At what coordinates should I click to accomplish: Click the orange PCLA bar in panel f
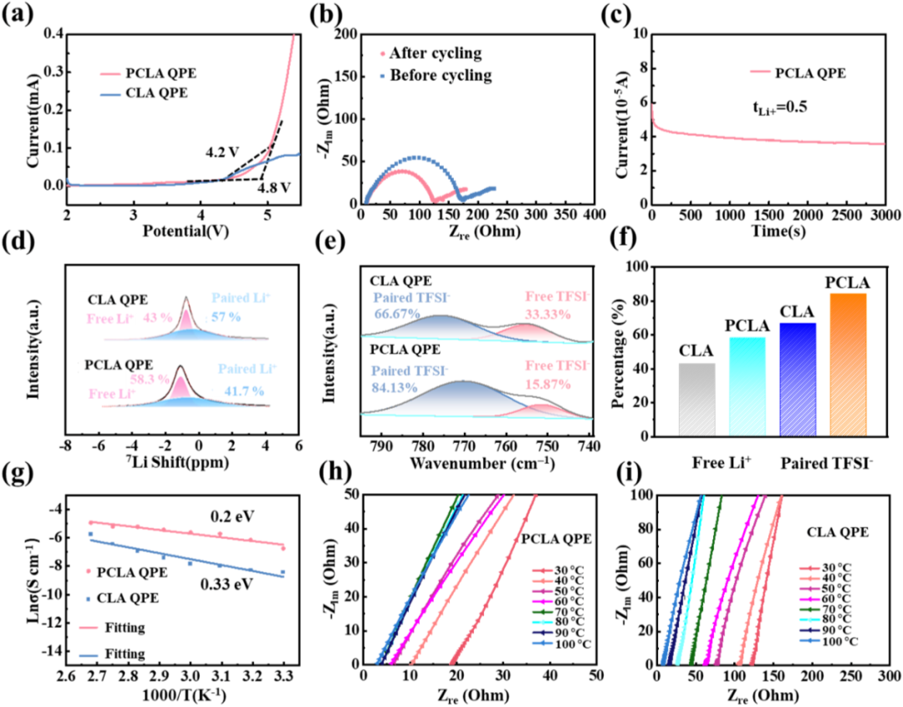(x=848, y=364)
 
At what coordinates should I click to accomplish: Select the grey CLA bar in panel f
(x=697, y=399)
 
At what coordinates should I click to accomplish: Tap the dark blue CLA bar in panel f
(x=798, y=379)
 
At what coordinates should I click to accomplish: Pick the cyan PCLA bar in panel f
(x=747, y=386)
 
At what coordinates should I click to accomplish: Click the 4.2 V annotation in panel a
(x=222, y=153)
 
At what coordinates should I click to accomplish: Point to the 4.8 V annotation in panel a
(x=273, y=188)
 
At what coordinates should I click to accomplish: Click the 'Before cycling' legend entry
(x=436, y=75)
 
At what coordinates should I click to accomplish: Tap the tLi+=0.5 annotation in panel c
(x=780, y=107)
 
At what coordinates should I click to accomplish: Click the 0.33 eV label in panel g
(x=227, y=584)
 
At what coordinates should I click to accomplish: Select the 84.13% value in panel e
(x=395, y=388)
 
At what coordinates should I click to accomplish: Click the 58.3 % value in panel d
(x=150, y=379)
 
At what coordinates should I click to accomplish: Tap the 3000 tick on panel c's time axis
(x=885, y=216)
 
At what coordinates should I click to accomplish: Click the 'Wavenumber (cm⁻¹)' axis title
(x=482, y=463)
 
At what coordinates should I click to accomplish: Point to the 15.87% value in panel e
(x=548, y=384)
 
